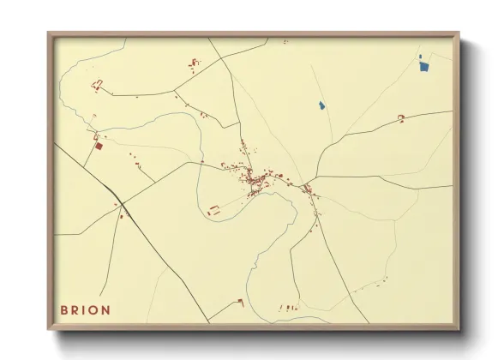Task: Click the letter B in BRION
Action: pos(63,309)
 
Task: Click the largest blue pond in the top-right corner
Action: pos(423,63)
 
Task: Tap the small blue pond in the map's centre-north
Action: pos(321,105)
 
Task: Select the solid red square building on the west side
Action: pos(98,146)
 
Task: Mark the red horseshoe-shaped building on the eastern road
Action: pos(400,117)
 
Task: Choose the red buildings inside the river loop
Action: pos(214,208)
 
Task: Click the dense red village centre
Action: pos(254,180)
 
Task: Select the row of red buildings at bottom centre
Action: pos(289,307)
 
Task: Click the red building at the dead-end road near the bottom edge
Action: pos(241,301)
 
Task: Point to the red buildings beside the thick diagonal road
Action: pos(118,206)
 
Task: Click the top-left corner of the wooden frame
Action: pos(49,33)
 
